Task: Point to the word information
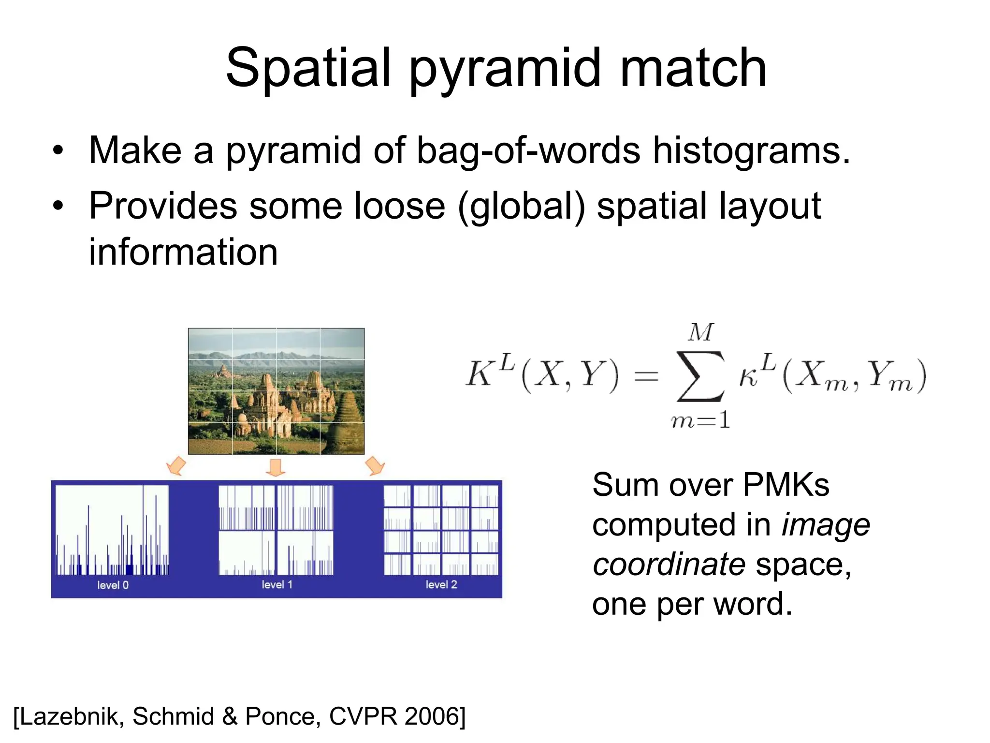click(x=183, y=252)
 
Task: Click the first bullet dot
click(x=58, y=151)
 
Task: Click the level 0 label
click(x=113, y=585)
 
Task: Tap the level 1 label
click(x=277, y=584)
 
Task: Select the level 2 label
click(x=441, y=584)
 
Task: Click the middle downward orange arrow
click(x=276, y=467)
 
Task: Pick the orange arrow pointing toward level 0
click(x=176, y=465)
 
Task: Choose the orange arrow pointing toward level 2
click(x=375, y=465)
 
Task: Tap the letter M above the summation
click(x=701, y=333)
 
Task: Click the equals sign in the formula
click(x=646, y=376)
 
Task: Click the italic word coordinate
click(x=669, y=565)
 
